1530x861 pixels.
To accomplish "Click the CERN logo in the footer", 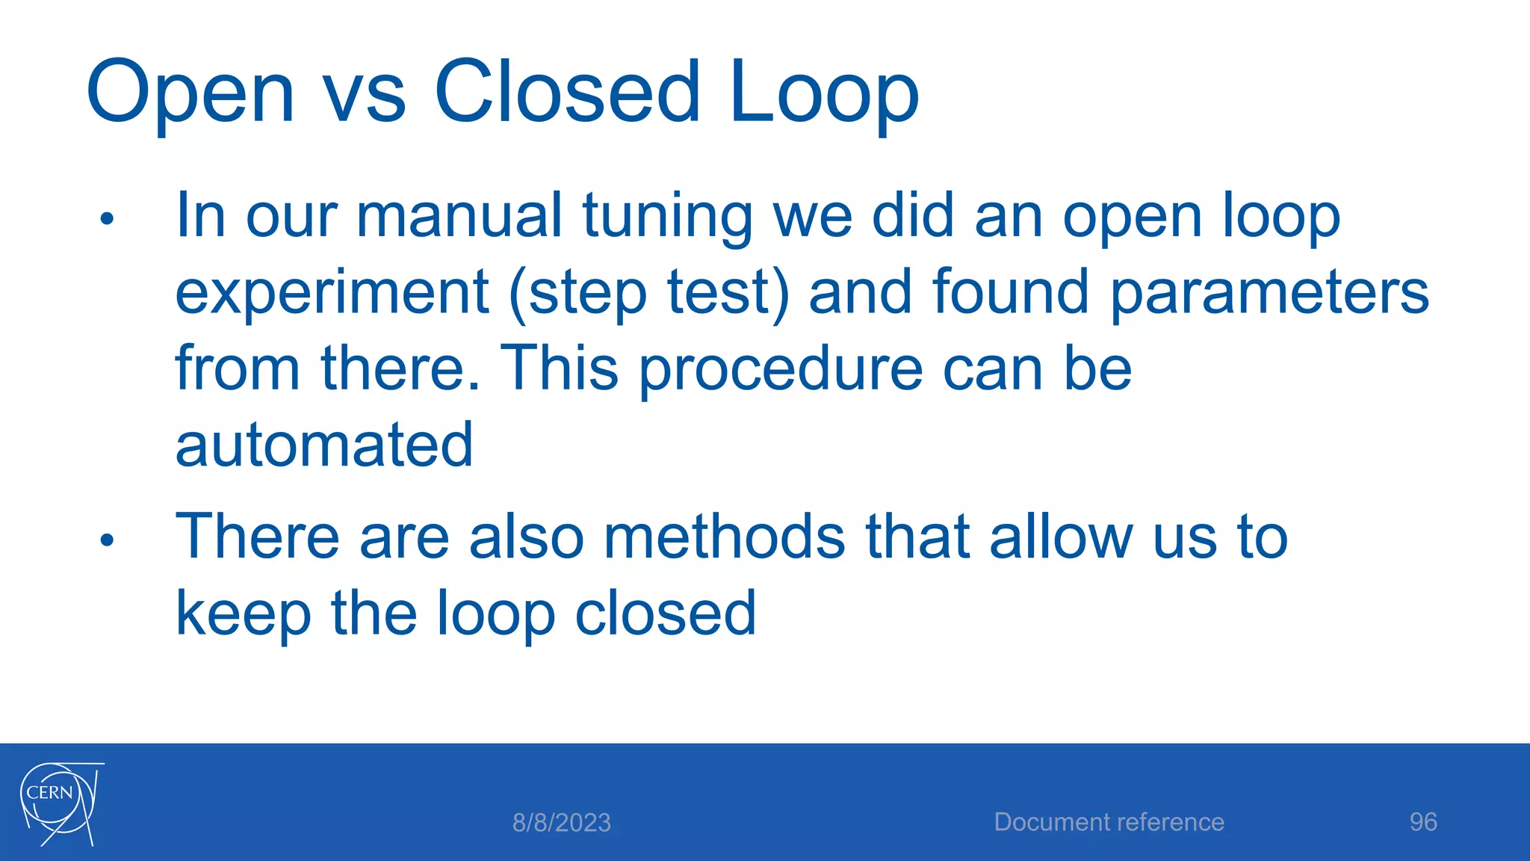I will (x=60, y=804).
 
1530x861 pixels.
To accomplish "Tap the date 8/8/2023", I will (x=561, y=823).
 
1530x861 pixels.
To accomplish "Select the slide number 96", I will (x=1422, y=822).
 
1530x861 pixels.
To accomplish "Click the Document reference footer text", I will (x=1109, y=822).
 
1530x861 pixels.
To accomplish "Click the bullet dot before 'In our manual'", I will (x=107, y=219).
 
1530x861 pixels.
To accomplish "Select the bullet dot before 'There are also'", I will (x=107, y=540).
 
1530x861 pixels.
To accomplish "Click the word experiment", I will (x=332, y=294).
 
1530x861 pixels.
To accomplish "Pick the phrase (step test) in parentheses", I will (x=648, y=294).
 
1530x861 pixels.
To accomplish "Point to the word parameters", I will (x=1269, y=294).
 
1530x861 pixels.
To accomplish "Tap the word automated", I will (x=323, y=445).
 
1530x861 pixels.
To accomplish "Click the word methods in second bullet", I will (x=724, y=537).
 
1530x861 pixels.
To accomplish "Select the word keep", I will (x=243, y=615).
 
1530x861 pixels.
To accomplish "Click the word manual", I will (x=458, y=217).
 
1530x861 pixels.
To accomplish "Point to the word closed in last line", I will (x=665, y=614).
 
